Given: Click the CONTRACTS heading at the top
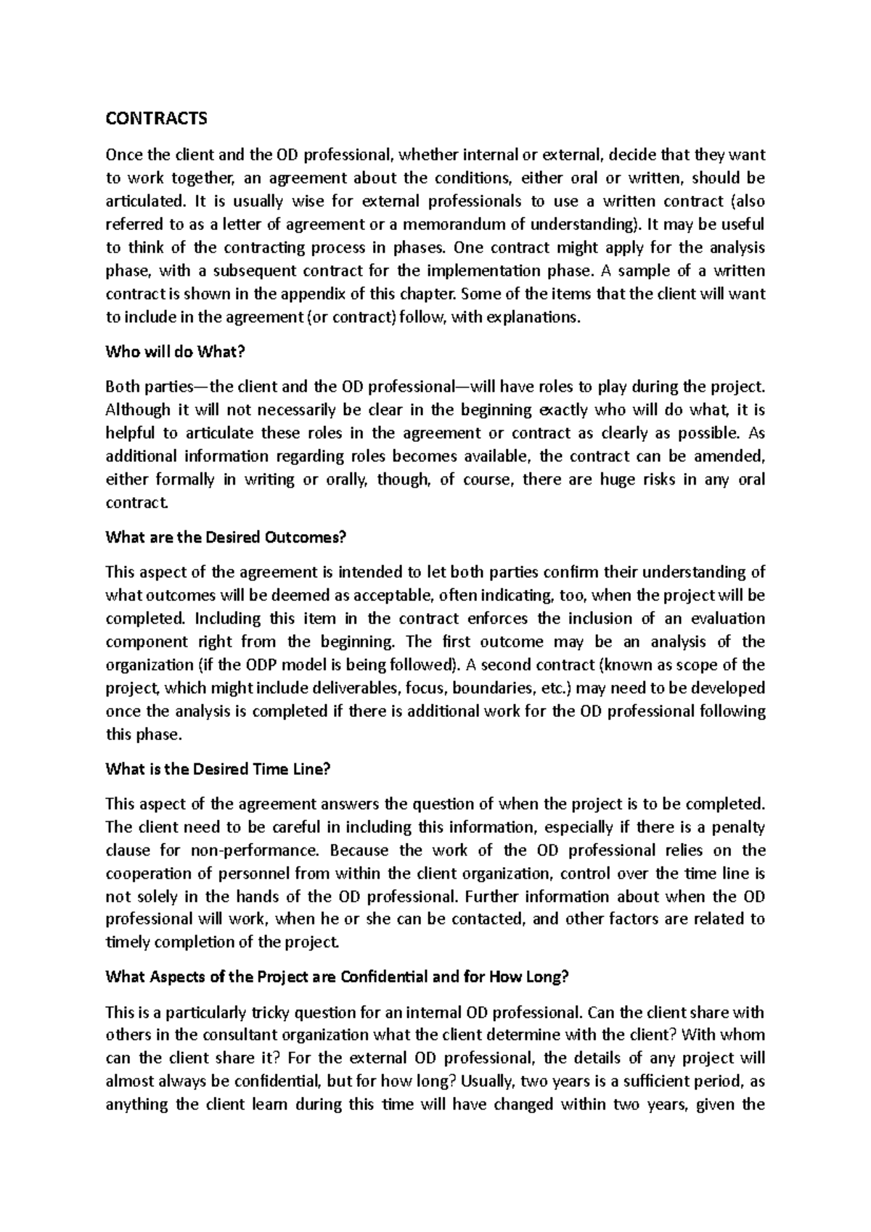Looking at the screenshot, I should (156, 118).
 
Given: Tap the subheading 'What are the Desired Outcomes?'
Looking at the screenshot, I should (226, 538).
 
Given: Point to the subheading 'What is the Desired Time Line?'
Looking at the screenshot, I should (218, 770).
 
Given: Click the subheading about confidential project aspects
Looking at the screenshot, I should (337, 977).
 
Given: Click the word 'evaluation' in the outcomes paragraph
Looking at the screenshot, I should (729, 618).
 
